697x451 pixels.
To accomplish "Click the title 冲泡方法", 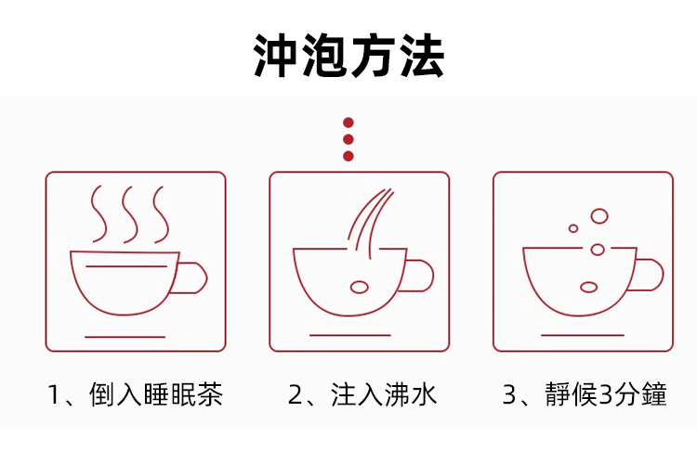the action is pos(348,56).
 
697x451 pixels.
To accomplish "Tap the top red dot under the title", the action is pos(348,122).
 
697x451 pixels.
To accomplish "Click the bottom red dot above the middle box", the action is pos(348,156).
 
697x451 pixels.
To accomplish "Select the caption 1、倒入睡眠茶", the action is pos(135,394).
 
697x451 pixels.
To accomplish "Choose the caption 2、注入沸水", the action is pos(362,394).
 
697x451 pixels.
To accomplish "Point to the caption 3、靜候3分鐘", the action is pos(585,394).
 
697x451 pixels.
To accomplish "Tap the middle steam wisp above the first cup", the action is pos(129,214).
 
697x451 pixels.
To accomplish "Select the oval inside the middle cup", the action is pos(359,287).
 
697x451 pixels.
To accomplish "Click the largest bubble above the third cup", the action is pos(599,216).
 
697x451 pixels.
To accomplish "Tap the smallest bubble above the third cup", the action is pos(573,228).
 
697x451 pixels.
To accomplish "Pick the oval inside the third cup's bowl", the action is pos(588,287).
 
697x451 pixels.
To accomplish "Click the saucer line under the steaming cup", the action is pos(125,337).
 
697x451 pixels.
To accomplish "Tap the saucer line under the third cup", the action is pos(583,335).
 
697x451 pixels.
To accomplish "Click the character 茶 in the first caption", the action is pos(210,394).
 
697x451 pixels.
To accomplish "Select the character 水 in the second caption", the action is pos(425,394).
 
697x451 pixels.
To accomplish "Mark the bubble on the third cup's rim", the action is pos(598,250).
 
